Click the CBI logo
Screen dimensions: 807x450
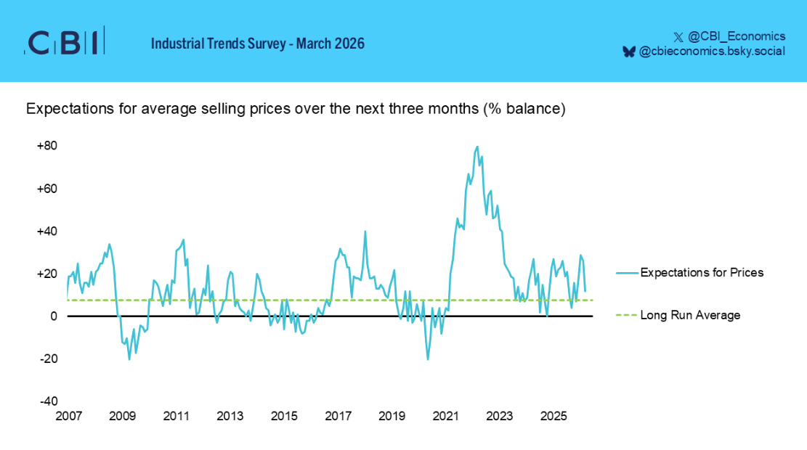(x=65, y=41)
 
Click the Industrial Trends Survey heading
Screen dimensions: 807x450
(x=257, y=44)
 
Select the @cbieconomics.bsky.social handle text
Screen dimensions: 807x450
(x=712, y=52)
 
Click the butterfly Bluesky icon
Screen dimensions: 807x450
(x=629, y=52)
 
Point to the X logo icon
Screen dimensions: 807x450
(x=678, y=37)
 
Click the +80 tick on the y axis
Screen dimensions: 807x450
(x=46, y=146)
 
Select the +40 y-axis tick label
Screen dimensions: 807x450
(x=46, y=232)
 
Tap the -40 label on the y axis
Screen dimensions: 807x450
(x=49, y=401)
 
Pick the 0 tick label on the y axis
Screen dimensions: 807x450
(x=54, y=316)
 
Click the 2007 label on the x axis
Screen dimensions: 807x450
(x=68, y=416)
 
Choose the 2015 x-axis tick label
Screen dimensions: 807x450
(x=284, y=416)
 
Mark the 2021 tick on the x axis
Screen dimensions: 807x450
(x=446, y=416)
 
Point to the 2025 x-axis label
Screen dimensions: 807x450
(x=553, y=416)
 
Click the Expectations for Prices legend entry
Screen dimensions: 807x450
(x=689, y=273)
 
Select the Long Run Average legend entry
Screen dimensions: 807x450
(x=678, y=315)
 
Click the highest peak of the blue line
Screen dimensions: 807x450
(x=477, y=147)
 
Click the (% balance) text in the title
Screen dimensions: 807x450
(x=524, y=109)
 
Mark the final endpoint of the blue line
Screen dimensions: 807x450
(x=585, y=291)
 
